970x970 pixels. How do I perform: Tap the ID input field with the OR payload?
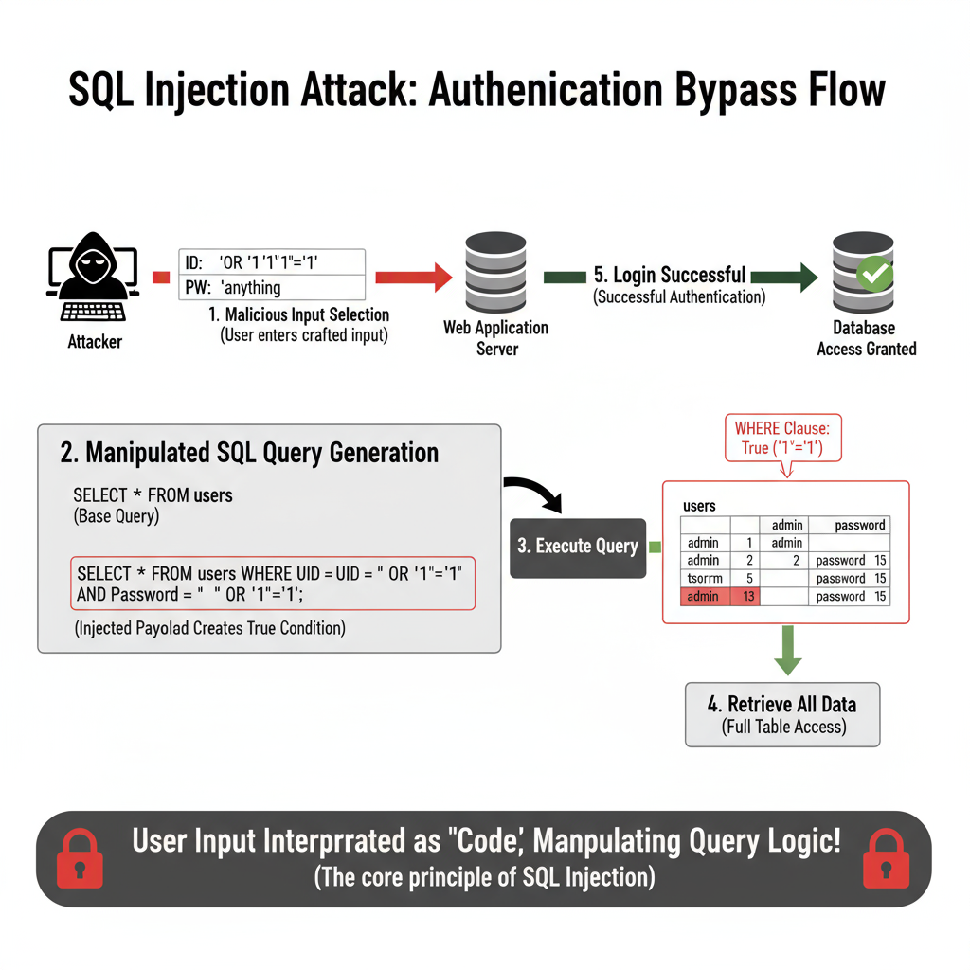271,261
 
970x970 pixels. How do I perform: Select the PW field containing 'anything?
271,287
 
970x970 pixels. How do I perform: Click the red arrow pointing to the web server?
412,277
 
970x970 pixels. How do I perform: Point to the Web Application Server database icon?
495,271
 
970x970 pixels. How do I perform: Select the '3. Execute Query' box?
578,547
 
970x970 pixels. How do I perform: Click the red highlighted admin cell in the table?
703,597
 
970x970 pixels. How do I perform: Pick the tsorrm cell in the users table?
703,578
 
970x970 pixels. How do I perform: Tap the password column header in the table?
859,525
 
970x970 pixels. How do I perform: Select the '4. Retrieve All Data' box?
782,714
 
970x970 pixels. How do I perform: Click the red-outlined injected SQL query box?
272,584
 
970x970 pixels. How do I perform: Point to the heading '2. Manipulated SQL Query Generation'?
249,453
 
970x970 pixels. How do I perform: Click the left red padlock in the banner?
81,859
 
